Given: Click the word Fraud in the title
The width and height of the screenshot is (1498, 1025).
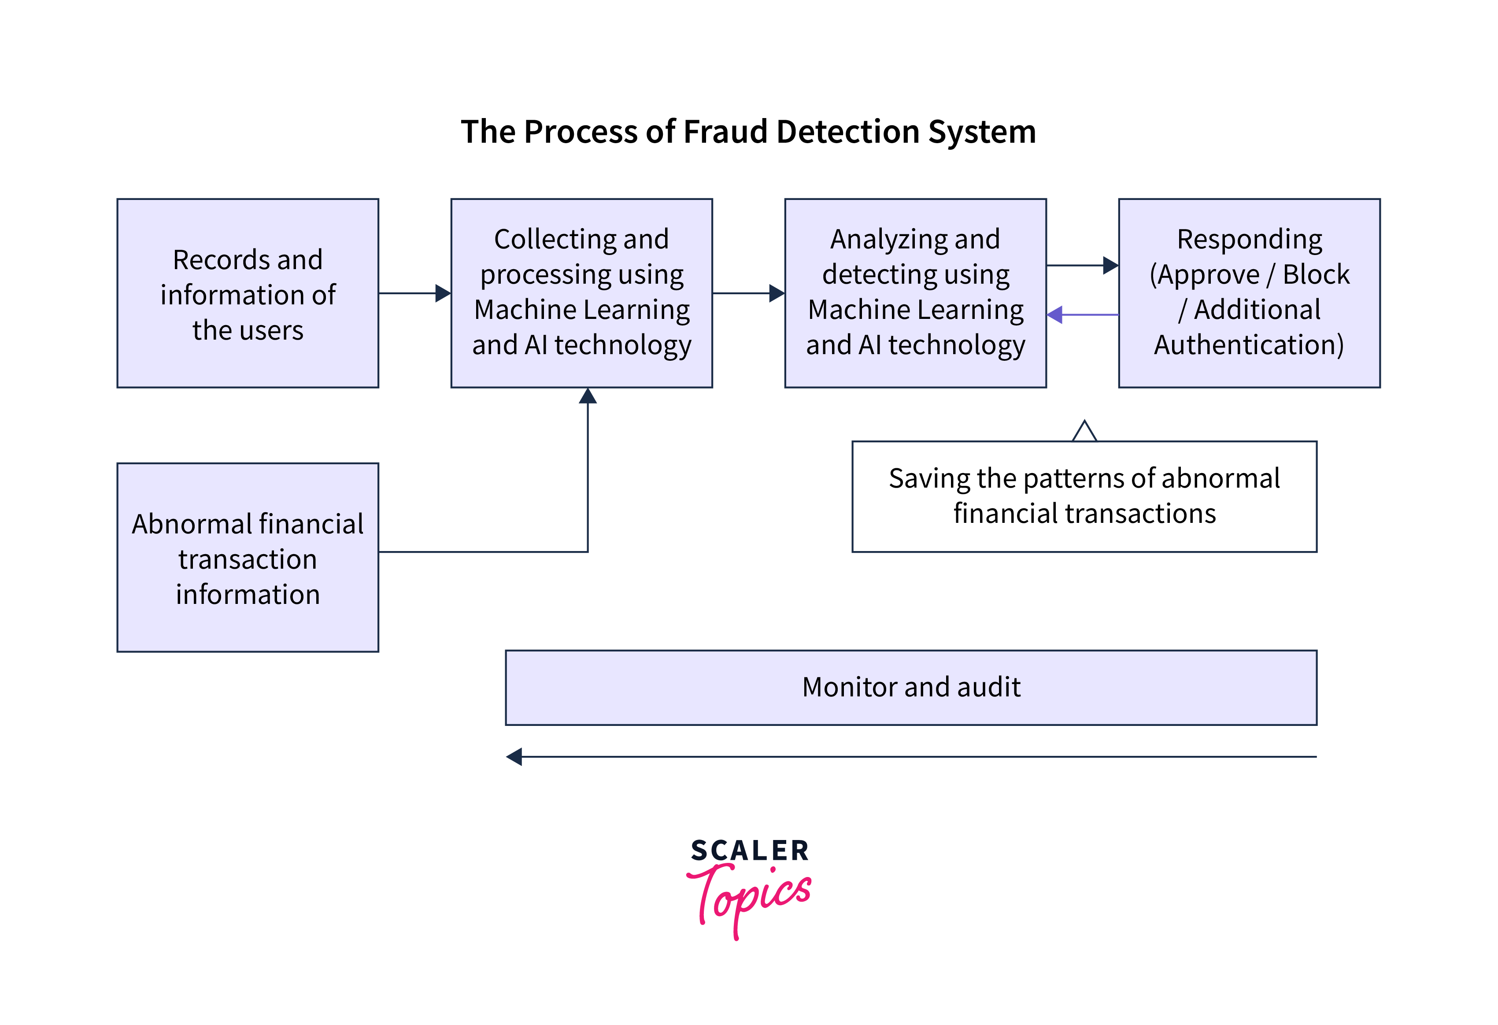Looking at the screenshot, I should (x=726, y=132).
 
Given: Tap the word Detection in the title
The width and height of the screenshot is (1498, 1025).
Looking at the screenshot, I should (x=847, y=132).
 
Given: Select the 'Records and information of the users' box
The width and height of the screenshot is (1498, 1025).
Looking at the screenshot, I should (x=248, y=293).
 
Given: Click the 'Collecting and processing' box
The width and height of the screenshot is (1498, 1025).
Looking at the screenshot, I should (x=581, y=293).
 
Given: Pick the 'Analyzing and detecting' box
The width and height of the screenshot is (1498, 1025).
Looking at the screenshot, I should (x=915, y=293).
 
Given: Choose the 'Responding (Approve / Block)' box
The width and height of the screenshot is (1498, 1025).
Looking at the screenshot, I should (x=1249, y=293).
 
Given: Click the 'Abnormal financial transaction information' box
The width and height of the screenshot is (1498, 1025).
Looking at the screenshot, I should (x=248, y=558).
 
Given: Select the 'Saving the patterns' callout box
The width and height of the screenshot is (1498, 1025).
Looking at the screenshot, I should (x=1084, y=496).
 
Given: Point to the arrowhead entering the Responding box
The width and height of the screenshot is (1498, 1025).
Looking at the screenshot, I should (x=1110, y=265).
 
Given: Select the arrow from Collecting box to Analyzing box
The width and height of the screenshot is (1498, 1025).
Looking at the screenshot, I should (x=748, y=293).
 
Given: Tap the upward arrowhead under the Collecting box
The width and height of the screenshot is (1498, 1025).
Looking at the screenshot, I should (x=587, y=396).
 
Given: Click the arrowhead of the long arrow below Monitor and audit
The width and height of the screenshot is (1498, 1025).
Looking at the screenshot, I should (x=514, y=757).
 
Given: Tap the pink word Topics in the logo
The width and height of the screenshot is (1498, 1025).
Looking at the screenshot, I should (x=751, y=896).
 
